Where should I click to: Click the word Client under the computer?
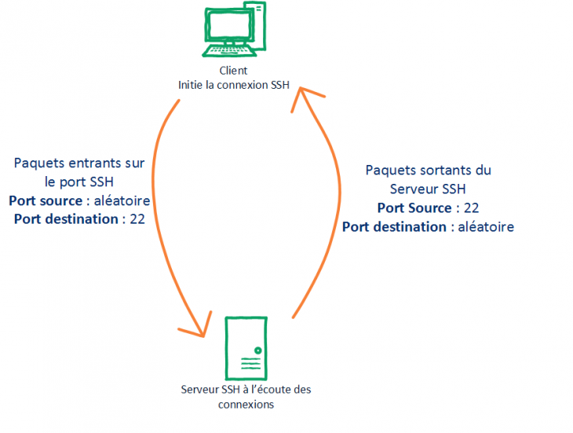click(234, 71)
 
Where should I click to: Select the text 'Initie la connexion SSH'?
click(234, 85)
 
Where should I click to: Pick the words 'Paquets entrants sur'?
click(79, 163)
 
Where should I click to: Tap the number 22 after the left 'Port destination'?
click(137, 219)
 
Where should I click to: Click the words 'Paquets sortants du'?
click(428, 171)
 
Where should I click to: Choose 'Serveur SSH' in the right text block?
click(428, 189)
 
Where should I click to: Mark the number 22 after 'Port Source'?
click(471, 208)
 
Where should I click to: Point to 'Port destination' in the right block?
click(394, 227)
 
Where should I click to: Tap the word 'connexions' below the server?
click(246, 404)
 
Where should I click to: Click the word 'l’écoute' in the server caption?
click(268, 390)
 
